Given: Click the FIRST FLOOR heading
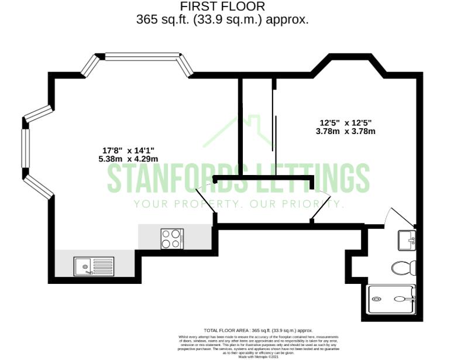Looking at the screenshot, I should [x=222, y=6].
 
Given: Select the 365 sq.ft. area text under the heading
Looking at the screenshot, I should [x=222, y=19].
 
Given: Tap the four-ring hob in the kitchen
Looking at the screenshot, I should [x=171, y=239].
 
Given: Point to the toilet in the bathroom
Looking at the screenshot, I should [x=403, y=268].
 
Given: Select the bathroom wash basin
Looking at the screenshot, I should [x=407, y=239].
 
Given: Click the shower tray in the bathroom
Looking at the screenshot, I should [x=391, y=300].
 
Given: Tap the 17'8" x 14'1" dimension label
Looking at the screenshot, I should [x=128, y=149].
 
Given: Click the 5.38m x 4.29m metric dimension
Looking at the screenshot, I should [x=128, y=159].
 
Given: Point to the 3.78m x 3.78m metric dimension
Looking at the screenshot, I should [x=345, y=131].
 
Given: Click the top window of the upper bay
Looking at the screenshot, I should [x=142, y=56].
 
